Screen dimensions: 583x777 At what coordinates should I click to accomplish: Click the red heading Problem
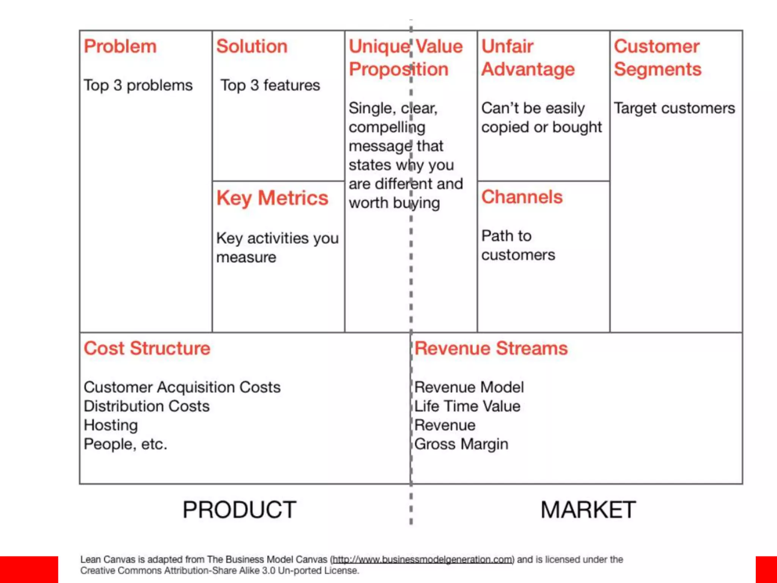pos(120,47)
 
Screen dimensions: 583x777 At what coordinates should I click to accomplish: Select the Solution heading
pos(252,47)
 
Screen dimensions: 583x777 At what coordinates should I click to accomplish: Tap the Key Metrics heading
pos(272,198)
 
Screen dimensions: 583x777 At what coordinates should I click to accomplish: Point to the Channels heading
pos(522,197)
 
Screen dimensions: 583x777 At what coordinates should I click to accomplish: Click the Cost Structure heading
pos(147,348)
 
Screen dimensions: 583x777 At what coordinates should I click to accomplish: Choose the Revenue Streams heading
pos(491,348)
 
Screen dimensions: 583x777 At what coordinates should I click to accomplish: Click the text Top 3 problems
pos(138,85)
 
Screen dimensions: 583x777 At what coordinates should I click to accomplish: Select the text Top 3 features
pos(270,85)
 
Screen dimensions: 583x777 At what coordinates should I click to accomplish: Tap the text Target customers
pos(674,108)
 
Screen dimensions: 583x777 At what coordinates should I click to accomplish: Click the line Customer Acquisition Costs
pos(182,387)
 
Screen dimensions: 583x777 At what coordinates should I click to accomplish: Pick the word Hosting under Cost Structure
pos(111,425)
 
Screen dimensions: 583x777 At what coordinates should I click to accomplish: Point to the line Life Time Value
pos(467,406)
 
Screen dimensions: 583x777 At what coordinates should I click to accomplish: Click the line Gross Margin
pos(461,444)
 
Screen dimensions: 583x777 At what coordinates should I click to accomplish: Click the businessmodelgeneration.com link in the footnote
pos(423,559)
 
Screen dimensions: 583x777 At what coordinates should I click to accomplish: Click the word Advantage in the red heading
pos(528,69)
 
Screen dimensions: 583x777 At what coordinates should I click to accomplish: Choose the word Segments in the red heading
pos(657,69)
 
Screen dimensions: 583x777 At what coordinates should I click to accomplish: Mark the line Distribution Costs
pos(146,406)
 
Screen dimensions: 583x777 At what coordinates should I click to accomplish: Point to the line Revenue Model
pos(469,387)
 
